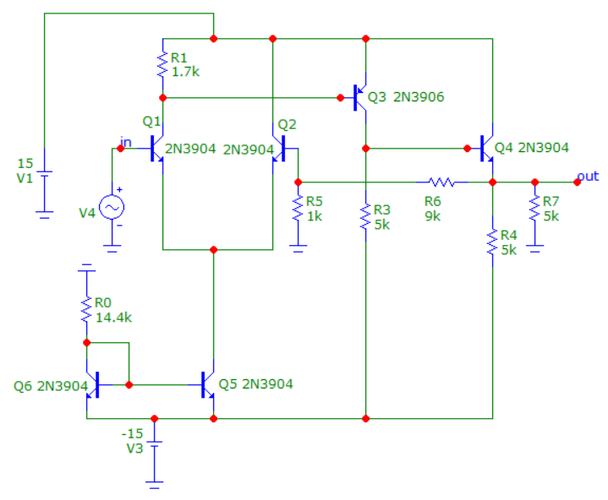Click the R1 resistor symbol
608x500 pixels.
point(163,65)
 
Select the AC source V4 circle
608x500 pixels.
point(112,207)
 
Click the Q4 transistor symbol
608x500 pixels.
point(486,149)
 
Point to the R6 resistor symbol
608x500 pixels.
point(442,182)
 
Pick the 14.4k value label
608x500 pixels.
point(113,318)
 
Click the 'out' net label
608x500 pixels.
point(588,177)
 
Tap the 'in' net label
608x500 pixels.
point(126,142)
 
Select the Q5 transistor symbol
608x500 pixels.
point(207,385)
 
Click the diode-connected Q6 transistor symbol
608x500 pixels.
point(93,385)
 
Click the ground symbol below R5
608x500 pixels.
point(299,248)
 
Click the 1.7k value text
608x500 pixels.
point(185,72)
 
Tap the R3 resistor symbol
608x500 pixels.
point(365,216)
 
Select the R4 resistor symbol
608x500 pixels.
point(492,242)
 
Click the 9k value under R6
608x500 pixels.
point(433,216)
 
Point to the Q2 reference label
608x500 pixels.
point(287,125)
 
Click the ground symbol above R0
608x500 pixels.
point(86,268)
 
